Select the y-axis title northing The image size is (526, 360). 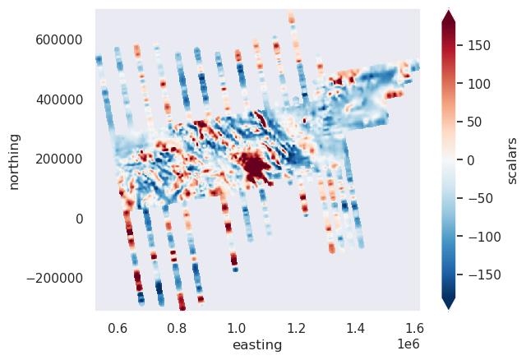coord(16,159)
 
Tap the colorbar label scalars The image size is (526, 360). coord(512,159)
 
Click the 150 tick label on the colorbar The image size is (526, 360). coord(480,46)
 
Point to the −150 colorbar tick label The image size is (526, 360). coord(483,273)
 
